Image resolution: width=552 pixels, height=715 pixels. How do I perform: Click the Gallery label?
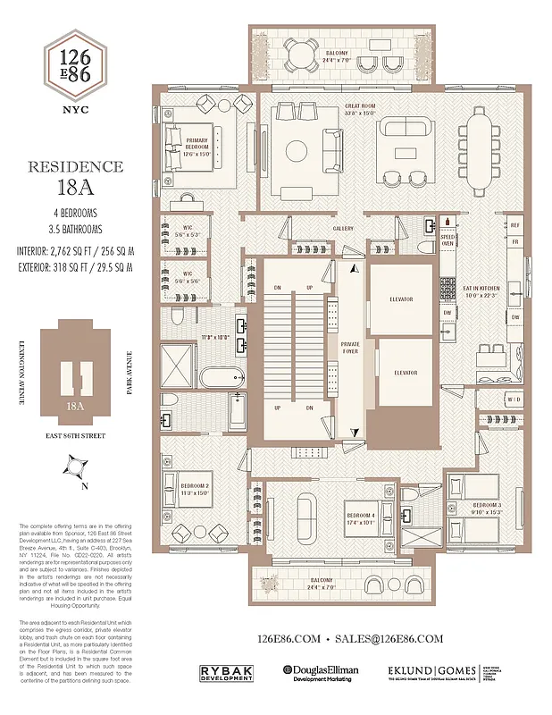[343, 228]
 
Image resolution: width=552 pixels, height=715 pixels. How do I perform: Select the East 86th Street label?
[75, 438]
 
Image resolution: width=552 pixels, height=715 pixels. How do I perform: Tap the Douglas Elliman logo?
[323, 671]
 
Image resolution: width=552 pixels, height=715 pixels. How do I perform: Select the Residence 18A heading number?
[75, 190]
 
